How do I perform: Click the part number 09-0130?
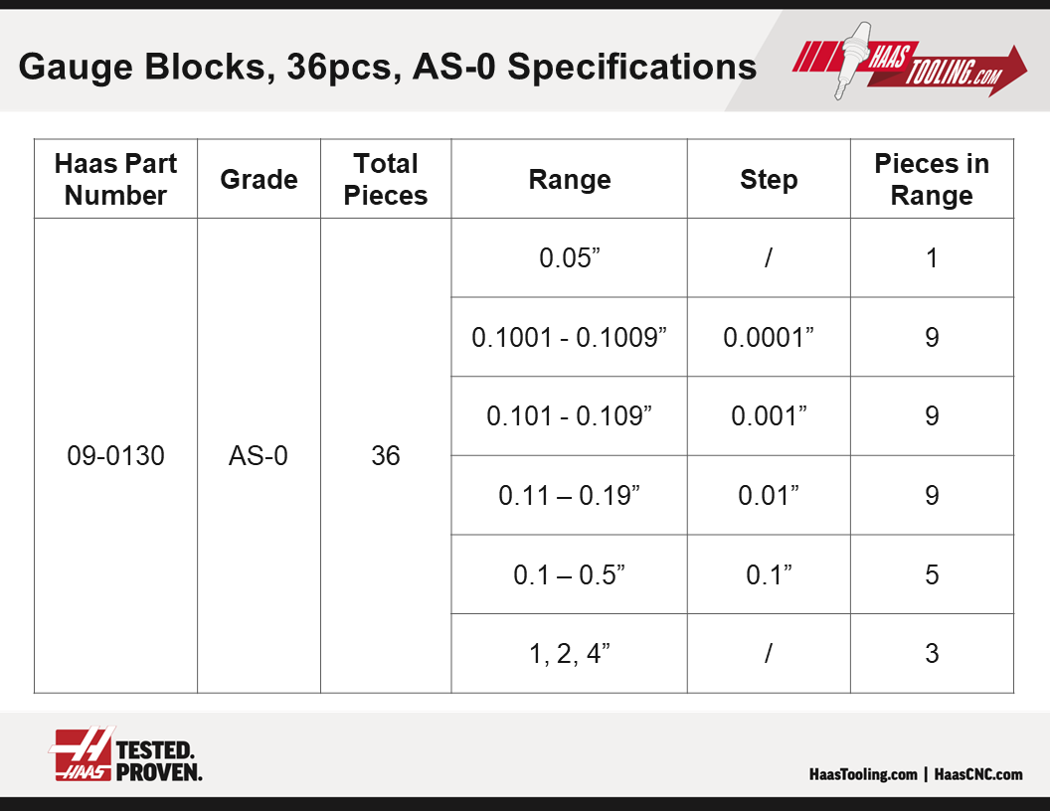[116, 455]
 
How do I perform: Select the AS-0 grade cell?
[259, 455]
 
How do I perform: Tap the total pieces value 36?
[386, 455]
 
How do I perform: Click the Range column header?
[570, 179]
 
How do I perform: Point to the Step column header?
[769, 179]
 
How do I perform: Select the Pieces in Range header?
[932, 179]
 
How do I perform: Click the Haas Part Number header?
[116, 179]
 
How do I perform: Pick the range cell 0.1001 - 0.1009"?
[569, 337]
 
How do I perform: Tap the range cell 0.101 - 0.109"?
[569, 416]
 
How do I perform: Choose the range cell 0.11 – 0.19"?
[569, 495]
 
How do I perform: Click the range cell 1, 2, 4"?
[569, 654]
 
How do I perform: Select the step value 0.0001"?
[769, 337]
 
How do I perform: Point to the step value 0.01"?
[769, 495]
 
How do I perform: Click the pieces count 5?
[932, 574]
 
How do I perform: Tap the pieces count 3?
[932, 654]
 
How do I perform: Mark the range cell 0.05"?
[569, 258]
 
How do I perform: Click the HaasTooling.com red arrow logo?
[910, 63]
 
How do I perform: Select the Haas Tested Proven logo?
[126, 754]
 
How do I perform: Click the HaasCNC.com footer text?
[978, 774]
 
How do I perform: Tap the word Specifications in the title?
[632, 67]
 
